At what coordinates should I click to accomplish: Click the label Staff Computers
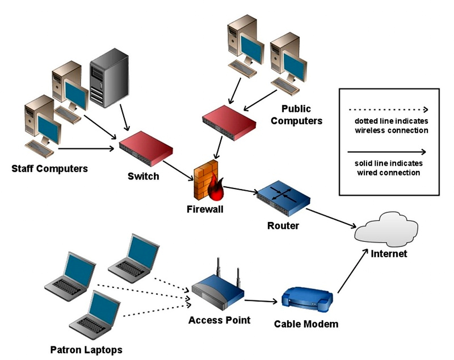[50, 168]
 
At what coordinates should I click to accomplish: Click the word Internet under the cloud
[389, 254]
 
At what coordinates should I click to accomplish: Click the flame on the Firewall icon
[216, 191]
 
